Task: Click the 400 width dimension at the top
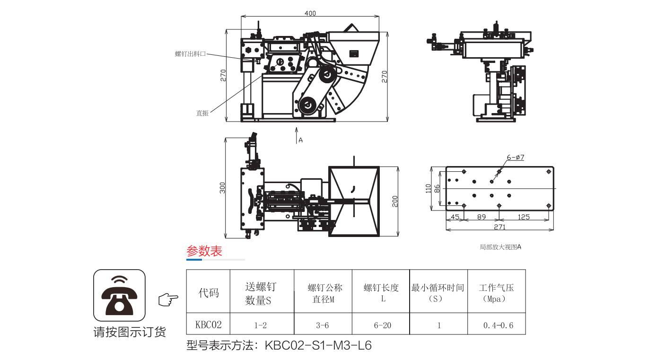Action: point(310,13)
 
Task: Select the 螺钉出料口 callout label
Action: point(190,54)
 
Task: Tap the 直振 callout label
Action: point(202,113)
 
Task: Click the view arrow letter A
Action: point(300,140)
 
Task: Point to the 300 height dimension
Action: point(222,187)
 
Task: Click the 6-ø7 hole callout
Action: point(515,158)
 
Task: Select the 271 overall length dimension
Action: point(499,227)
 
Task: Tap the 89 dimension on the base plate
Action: point(482,217)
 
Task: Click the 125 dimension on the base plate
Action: point(524,217)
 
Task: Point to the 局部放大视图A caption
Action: point(500,247)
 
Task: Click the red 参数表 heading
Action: point(204,251)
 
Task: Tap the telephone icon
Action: point(119,295)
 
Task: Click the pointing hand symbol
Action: point(168,299)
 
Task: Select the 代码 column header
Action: point(209,292)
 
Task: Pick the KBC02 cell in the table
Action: point(209,325)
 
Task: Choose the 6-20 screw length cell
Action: point(381,325)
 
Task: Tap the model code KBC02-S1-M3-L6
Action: point(318,346)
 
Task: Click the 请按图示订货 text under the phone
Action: point(129,332)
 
